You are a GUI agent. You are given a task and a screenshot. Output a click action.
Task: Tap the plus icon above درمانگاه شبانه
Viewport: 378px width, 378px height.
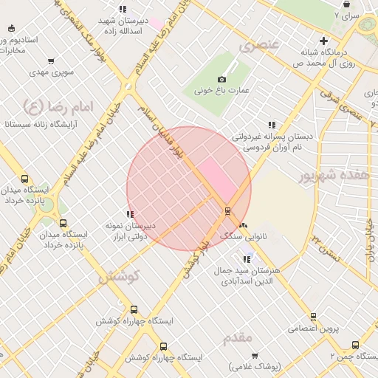coord(323,41)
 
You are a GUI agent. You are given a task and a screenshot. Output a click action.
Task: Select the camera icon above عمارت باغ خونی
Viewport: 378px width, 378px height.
coord(221,80)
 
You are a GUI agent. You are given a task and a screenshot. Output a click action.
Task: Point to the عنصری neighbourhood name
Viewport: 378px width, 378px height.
coord(258,46)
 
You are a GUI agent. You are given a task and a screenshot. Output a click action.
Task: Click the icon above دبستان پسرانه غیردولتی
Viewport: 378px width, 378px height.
coord(272,125)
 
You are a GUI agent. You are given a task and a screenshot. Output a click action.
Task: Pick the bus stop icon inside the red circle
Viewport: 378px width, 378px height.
coord(227,211)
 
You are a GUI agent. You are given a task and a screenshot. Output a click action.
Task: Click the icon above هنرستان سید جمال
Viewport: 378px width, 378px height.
coord(246,259)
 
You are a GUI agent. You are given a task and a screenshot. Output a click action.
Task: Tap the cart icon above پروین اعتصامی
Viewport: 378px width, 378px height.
coord(313,317)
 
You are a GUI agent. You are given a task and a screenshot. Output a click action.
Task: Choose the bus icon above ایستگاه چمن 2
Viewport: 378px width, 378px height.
coord(355,345)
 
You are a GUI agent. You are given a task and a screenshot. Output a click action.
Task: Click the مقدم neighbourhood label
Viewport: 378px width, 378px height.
coord(238,337)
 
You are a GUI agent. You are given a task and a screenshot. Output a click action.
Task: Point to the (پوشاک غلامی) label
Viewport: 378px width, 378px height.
coord(255,367)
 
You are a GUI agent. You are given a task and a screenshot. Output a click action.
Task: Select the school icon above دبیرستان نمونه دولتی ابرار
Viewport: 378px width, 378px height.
coord(130,214)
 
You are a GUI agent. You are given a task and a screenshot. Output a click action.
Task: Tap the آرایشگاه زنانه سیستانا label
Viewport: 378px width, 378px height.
coord(36,126)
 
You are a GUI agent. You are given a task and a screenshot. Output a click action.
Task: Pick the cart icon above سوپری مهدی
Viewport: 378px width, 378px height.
coord(50,62)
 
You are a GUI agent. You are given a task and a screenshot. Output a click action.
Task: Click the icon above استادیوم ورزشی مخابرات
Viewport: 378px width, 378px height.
coord(11,27)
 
